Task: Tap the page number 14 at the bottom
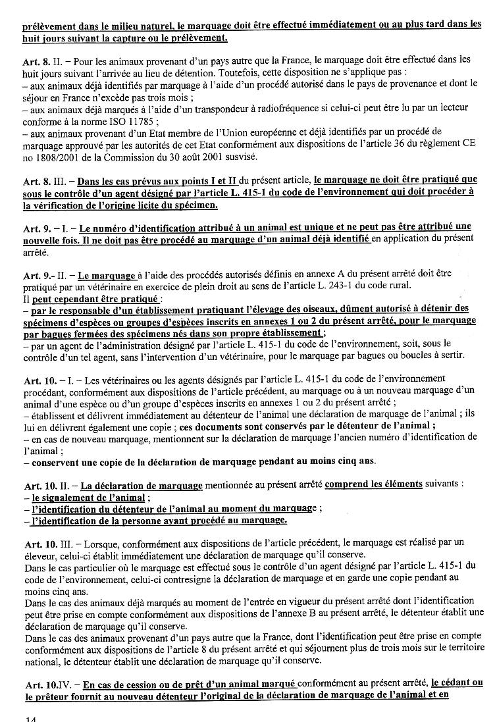pos(30,717)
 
